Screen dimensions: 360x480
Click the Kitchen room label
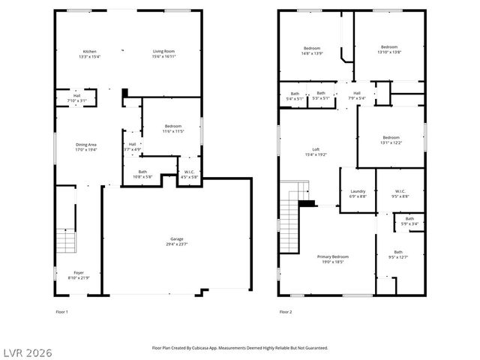coord(89,52)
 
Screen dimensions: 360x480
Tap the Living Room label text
coord(163,52)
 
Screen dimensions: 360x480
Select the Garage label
coord(176,239)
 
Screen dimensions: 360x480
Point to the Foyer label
coord(79,273)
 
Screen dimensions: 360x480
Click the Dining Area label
coord(86,144)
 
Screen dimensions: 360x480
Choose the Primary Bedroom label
coord(335,256)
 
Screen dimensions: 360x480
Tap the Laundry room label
coord(358,191)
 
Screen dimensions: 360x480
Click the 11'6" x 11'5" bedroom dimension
coord(173,131)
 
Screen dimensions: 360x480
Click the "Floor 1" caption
coord(61,311)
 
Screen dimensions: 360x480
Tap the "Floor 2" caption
coord(285,311)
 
